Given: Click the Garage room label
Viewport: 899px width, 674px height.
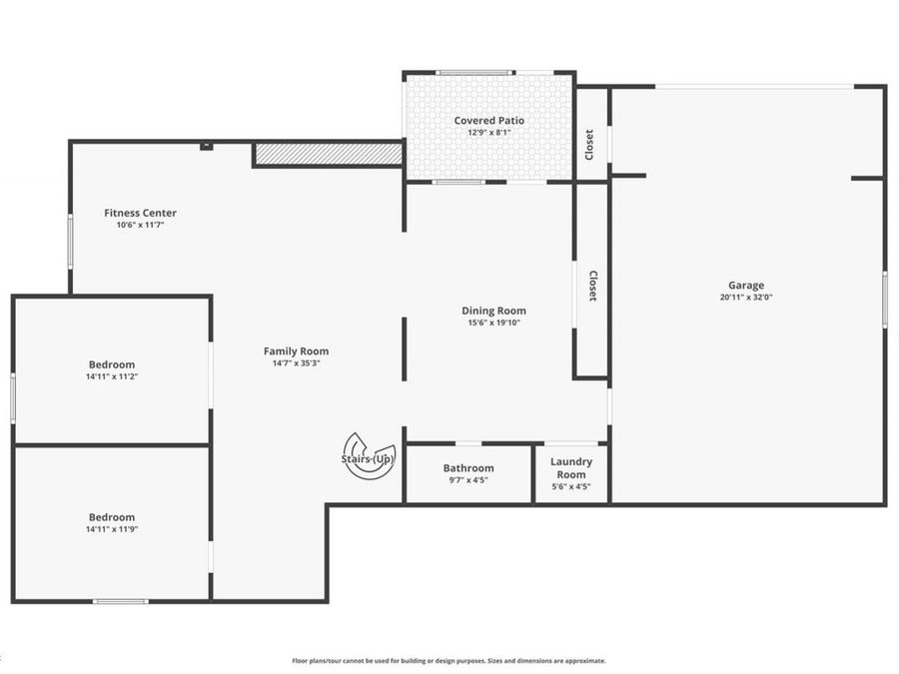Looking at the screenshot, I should (x=746, y=286).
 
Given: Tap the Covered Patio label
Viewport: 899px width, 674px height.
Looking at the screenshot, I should (x=489, y=121).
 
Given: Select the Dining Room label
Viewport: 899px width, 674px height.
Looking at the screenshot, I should (x=493, y=311).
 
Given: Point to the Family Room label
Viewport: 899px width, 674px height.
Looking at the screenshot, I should (x=296, y=350).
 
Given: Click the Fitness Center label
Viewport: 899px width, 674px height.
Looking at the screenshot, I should (x=140, y=213).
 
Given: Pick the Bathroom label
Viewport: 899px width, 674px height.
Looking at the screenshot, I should (x=468, y=468).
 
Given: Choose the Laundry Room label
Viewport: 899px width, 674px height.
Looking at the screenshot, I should (x=571, y=468).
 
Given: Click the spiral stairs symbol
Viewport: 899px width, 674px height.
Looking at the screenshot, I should (x=369, y=456).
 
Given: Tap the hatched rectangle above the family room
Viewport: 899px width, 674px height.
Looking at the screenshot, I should (x=329, y=154).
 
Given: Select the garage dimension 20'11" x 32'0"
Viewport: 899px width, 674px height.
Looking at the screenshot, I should (x=746, y=298).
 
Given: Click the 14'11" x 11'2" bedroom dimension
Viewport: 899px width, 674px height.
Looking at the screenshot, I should (x=112, y=376).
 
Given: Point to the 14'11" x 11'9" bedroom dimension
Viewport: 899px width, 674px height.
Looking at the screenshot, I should (x=112, y=528).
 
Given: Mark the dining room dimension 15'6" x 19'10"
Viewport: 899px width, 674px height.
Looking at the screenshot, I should (x=493, y=323).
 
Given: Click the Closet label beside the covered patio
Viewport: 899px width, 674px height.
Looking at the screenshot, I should (x=590, y=145).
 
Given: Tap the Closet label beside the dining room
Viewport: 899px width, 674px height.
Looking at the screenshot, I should (x=592, y=287).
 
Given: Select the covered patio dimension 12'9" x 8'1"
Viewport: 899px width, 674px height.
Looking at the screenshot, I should (x=489, y=133).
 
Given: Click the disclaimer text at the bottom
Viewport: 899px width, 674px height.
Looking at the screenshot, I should (x=449, y=660).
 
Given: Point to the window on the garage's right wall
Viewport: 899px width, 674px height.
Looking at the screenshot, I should (x=884, y=300).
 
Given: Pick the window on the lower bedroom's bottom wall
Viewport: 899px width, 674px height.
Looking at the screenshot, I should (x=121, y=601).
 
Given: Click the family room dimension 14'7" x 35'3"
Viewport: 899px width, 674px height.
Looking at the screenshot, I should (x=296, y=362).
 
